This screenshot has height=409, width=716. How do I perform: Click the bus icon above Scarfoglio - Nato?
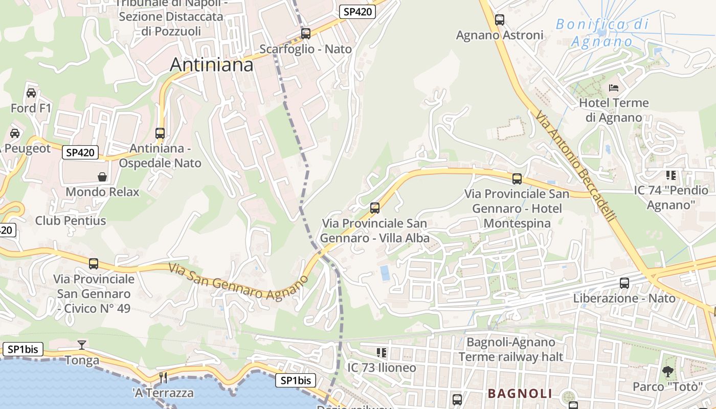[306, 34]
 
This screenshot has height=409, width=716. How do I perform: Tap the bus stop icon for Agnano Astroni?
[500, 20]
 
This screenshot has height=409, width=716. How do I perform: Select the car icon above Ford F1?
[31, 93]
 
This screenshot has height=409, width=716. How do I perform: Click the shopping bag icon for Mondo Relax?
[102, 177]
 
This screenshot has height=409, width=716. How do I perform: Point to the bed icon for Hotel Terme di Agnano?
[614, 88]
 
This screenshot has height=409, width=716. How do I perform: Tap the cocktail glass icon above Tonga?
[81, 345]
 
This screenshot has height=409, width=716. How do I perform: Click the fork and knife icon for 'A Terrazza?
[163, 378]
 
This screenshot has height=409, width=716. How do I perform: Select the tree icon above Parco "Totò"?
[667, 372]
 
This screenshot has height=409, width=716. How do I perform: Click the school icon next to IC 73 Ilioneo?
[381, 353]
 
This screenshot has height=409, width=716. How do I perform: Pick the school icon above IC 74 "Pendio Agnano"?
[671, 175]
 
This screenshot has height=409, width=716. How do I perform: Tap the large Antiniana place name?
[211, 65]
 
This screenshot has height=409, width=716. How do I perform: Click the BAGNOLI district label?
[520, 393]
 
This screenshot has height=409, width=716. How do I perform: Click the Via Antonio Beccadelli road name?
[575, 167]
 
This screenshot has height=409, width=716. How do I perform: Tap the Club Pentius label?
[71, 221]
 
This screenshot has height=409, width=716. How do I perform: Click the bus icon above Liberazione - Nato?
[624, 283]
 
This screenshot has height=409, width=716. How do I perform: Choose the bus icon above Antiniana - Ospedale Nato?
[160, 133]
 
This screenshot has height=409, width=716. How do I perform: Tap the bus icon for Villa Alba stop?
[375, 208]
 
